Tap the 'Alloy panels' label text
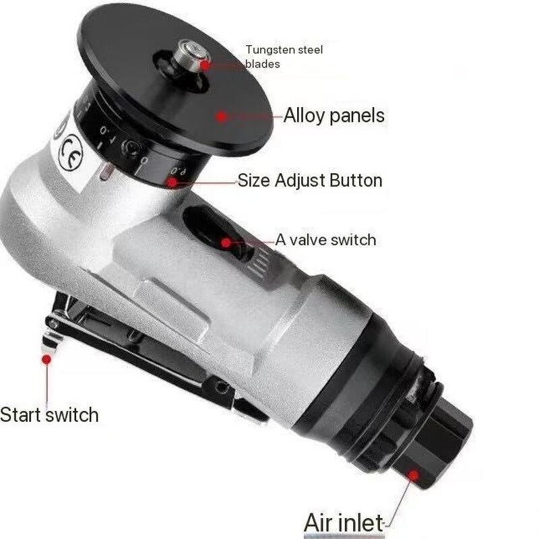334,115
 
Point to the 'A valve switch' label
325,240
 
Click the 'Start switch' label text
49,414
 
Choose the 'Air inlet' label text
344,522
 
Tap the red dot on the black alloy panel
221,115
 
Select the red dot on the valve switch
227,241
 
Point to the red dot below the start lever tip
46,360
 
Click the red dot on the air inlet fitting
413,474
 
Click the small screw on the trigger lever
221,388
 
